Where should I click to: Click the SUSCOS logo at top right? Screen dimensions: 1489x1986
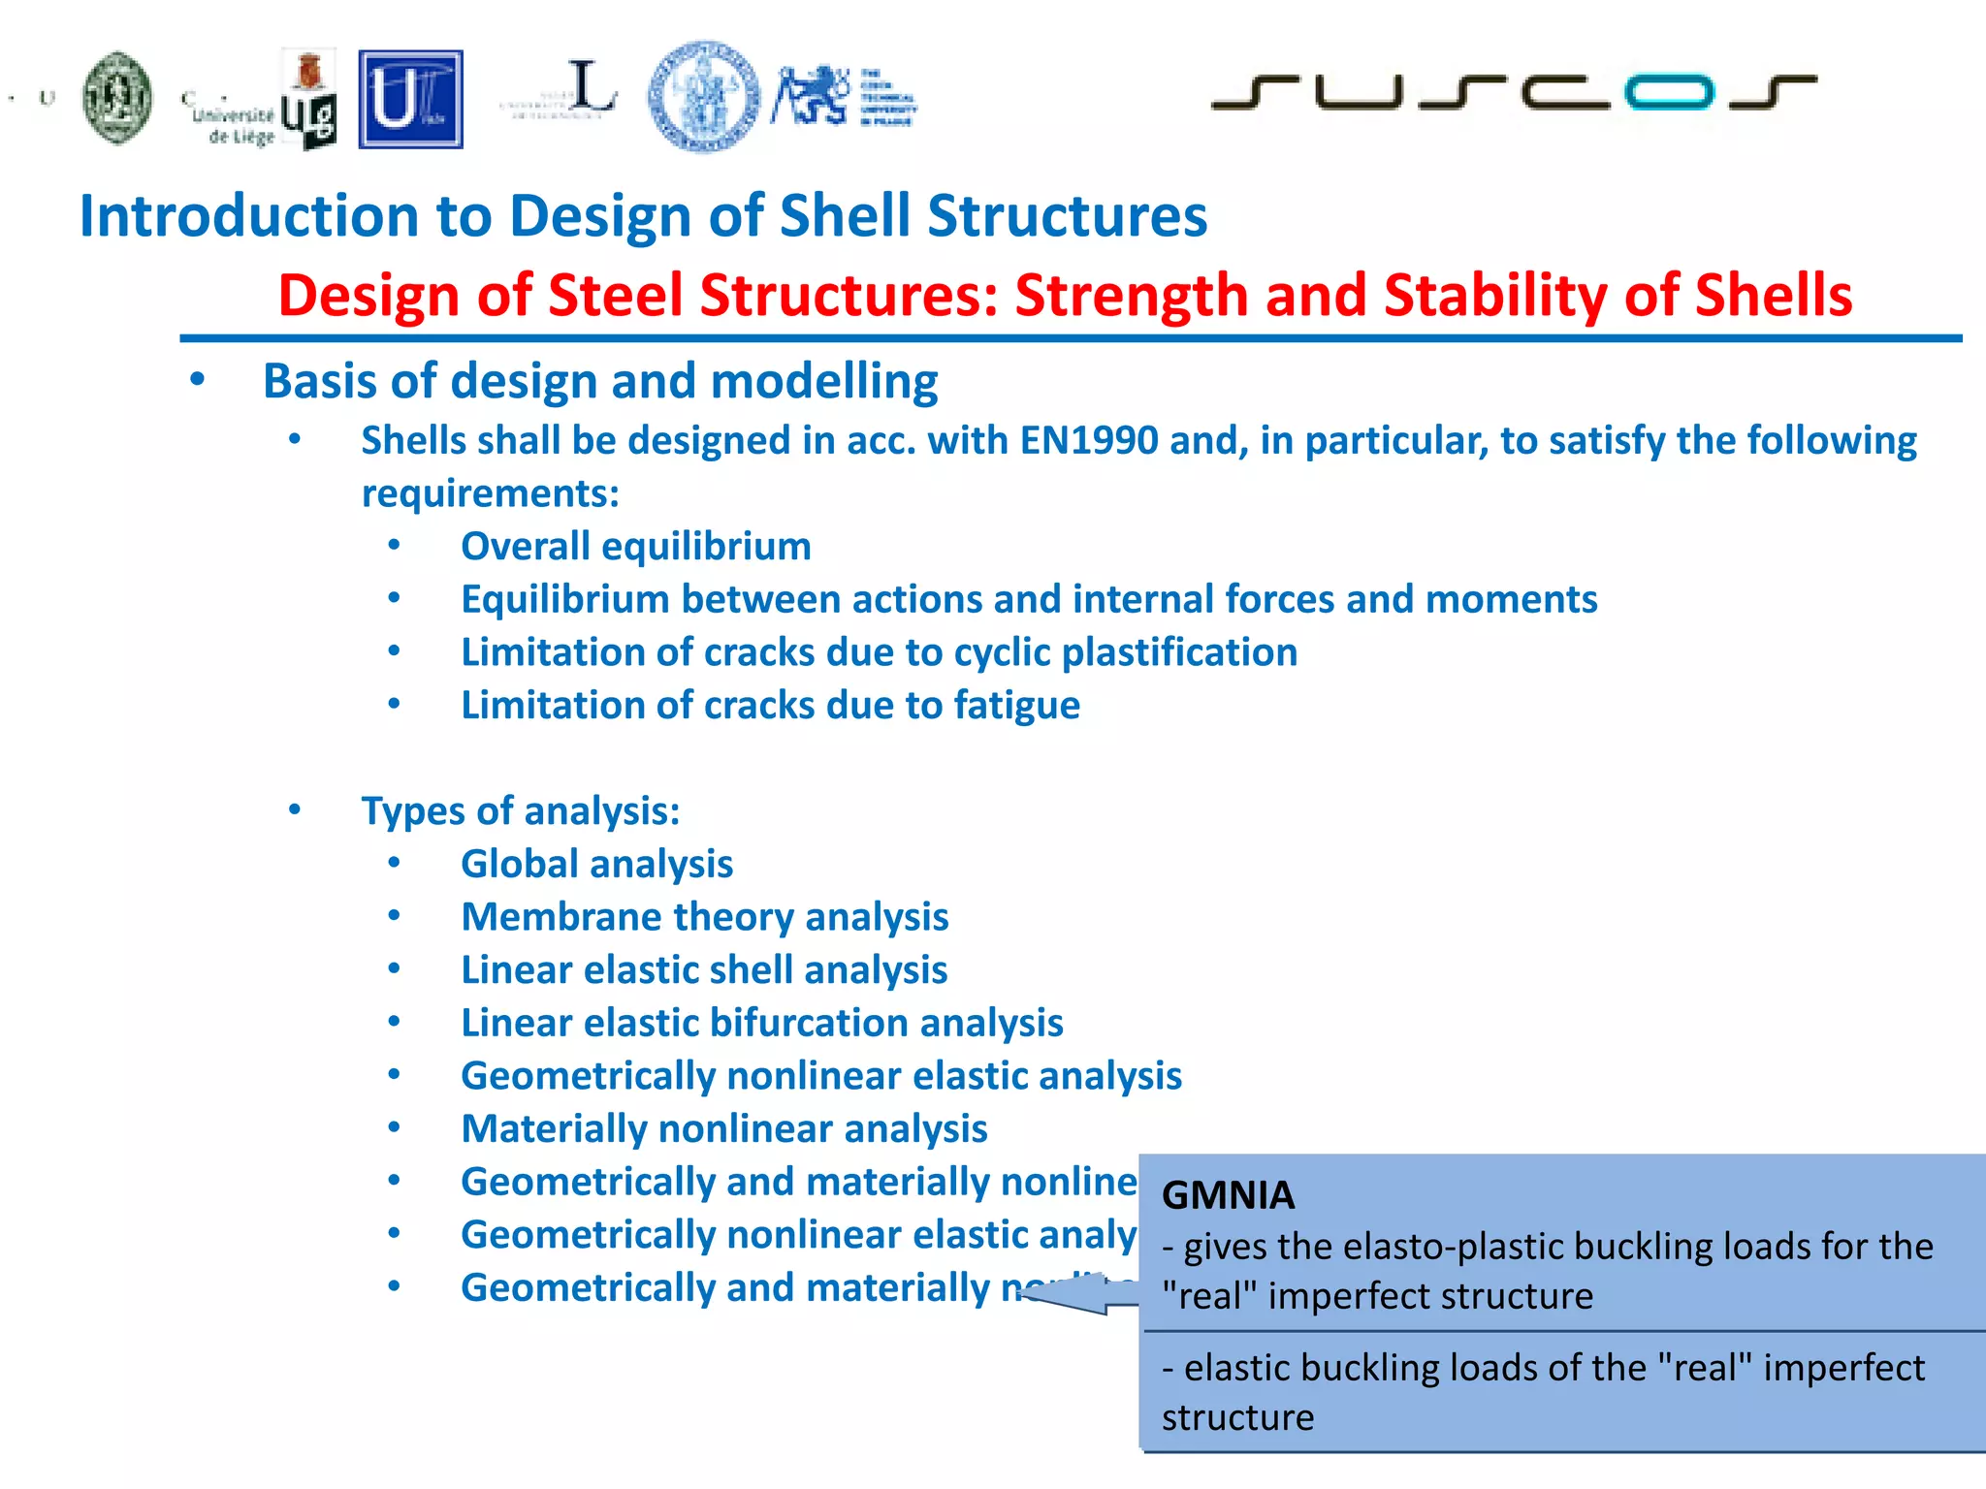[x=1513, y=92]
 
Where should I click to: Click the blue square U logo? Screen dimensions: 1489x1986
[x=410, y=100]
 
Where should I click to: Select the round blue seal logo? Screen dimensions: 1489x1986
[x=704, y=96]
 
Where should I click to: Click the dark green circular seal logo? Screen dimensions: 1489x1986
[x=117, y=98]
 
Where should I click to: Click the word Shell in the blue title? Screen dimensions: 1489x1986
[x=845, y=215]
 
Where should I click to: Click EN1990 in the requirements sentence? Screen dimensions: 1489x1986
[x=1088, y=441]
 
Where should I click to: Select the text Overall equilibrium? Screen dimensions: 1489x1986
[x=635, y=547]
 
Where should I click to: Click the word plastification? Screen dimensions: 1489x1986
[x=1179, y=652]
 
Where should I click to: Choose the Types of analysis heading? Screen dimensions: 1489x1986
[x=521, y=811]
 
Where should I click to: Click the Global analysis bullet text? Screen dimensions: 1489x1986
[x=596, y=865]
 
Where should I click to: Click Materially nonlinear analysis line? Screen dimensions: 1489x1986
[x=723, y=1129]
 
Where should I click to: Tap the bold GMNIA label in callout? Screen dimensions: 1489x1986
[x=1228, y=1195]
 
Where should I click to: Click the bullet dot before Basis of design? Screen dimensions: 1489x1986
[x=198, y=380]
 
